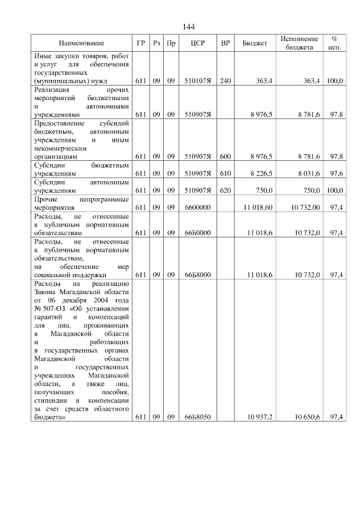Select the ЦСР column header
(197, 43)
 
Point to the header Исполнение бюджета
(299, 43)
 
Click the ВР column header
(226, 43)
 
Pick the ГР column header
(141, 43)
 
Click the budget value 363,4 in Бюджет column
(264, 81)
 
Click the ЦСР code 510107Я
(197, 81)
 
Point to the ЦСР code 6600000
(197, 208)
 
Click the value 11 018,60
(258, 208)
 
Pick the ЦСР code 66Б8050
(197, 417)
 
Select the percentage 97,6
(336, 174)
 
